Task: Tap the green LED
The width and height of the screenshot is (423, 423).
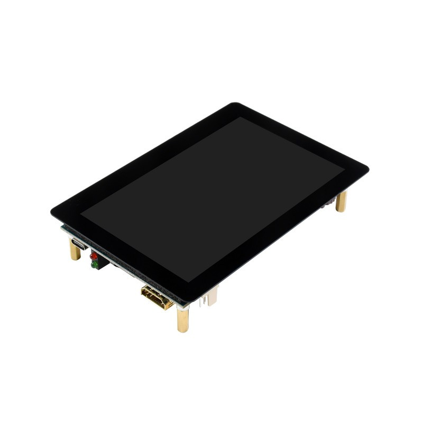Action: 94,265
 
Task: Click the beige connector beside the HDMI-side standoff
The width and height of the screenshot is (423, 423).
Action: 212,297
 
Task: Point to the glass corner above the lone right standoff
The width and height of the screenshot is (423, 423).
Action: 365,169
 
